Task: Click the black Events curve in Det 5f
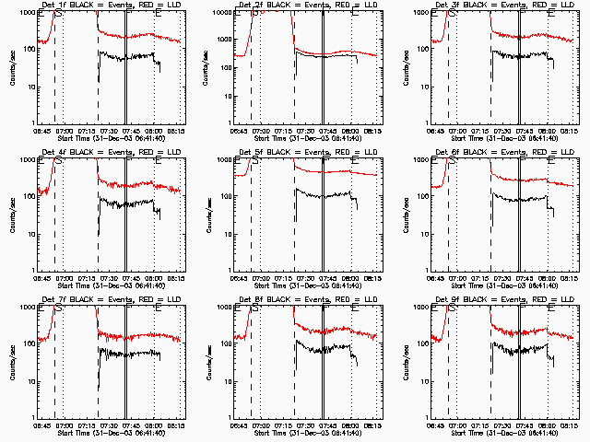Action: click(x=323, y=194)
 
